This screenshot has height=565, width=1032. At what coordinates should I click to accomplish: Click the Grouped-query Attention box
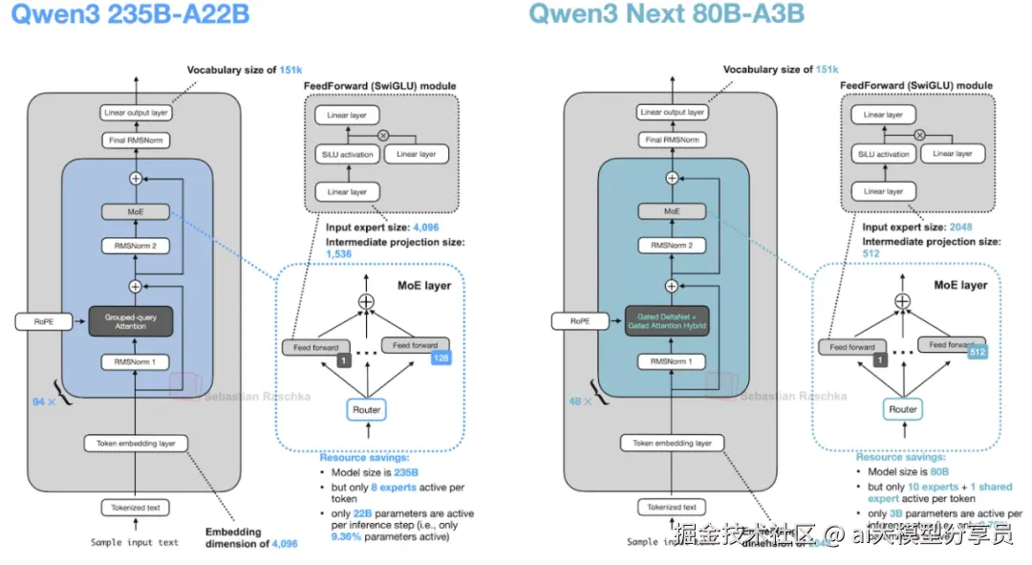[130, 321]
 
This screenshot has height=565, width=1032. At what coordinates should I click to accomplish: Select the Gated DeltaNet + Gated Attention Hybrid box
[667, 321]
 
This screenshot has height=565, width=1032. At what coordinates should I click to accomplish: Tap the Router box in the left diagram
[366, 410]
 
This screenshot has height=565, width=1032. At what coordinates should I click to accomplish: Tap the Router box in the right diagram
[902, 410]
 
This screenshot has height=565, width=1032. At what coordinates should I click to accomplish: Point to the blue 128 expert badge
[440, 359]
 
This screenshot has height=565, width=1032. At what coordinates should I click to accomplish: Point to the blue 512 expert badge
[977, 352]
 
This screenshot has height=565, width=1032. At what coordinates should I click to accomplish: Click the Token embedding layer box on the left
[135, 444]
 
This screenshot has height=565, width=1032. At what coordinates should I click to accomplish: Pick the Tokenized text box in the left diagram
[135, 508]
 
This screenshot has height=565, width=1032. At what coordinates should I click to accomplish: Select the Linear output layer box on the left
[135, 113]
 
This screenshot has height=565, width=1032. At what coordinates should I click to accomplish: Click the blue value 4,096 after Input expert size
[425, 228]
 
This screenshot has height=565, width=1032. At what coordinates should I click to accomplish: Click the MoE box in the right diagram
[672, 210]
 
